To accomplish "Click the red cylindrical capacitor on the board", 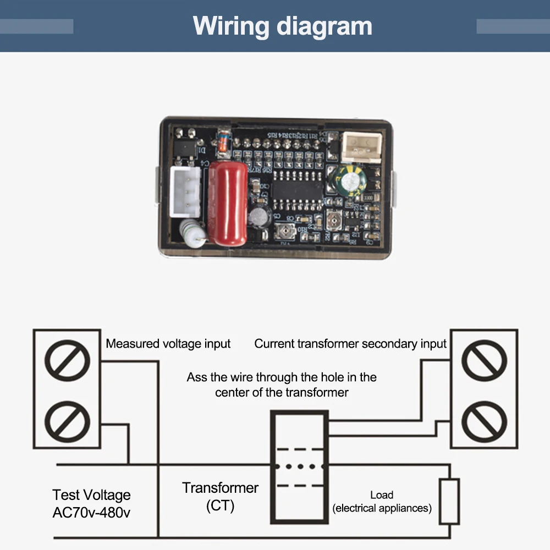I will (228, 204).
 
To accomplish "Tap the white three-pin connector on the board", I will (185, 192).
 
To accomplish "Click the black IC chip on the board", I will (298, 190).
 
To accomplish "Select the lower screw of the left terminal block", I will (67, 421).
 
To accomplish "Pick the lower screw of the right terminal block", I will (484, 421).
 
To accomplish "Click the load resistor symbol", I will (450, 501).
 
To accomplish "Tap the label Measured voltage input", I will (168, 344).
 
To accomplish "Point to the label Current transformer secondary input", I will (350, 344).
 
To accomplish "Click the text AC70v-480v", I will (91, 513).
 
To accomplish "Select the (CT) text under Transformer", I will (220, 506).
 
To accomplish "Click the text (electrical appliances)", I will (382, 508).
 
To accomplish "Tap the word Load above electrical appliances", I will (382, 495).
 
